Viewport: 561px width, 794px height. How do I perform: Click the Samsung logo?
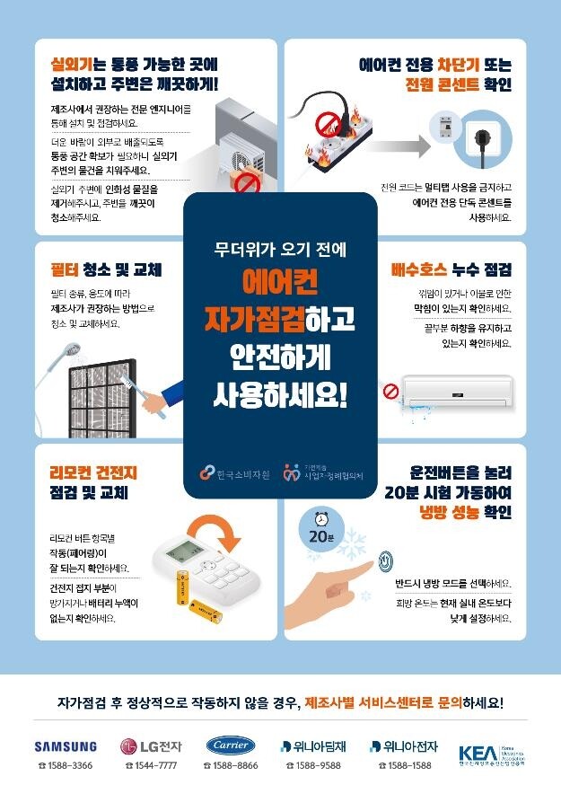66,745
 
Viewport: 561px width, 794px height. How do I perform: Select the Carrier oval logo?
231,745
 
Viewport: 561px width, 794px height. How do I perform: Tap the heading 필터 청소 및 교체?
106,269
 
